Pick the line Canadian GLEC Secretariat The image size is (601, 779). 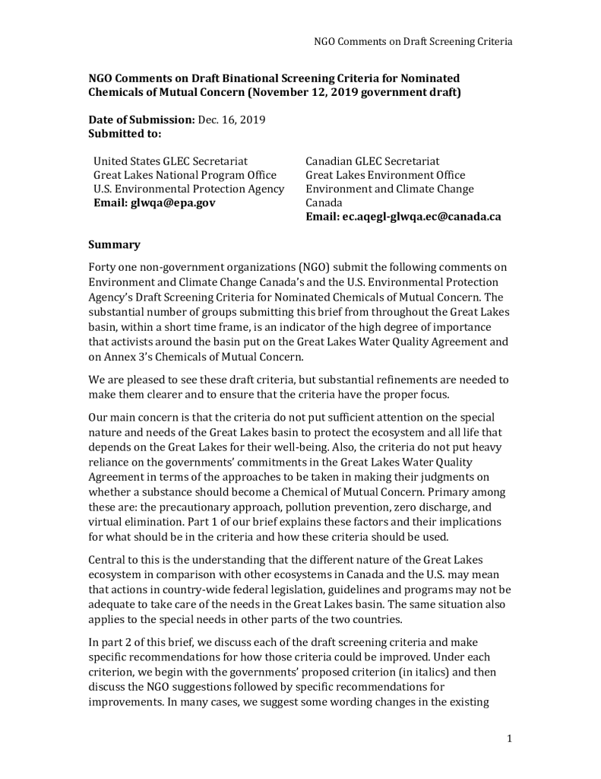pyautogui.click(x=372, y=161)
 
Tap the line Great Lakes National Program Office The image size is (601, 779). pyautogui.click(x=182, y=175)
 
